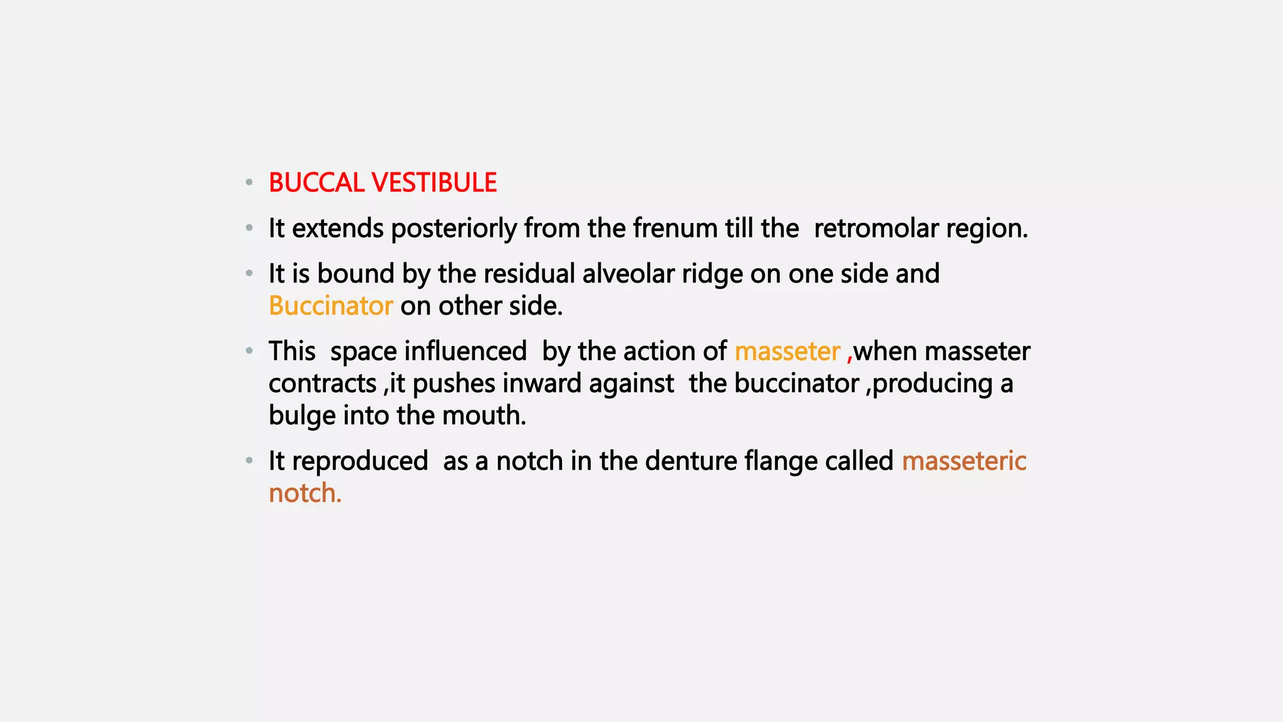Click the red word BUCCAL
coord(316,183)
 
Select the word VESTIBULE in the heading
coord(434,183)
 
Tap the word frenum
coord(675,228)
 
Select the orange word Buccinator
coord(331,306)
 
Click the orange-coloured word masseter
coord(787,352)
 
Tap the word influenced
coord(465,351)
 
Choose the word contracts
coord(323,384)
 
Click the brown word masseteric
coord(964,461)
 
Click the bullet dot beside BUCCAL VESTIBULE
coord(249,182)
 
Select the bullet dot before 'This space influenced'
coord(249,351)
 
